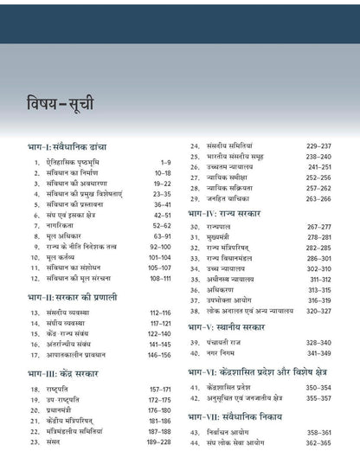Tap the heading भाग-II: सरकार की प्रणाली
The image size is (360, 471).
73,297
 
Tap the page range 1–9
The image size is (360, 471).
167,162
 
